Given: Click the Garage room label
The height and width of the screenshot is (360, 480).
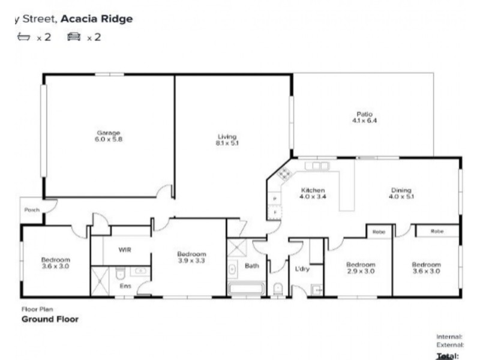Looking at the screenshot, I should click(x=109, y=136).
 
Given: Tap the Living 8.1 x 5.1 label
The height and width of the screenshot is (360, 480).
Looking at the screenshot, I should click(x=227, y=140).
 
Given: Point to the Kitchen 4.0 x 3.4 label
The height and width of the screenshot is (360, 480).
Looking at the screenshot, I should click(x=313, y=193).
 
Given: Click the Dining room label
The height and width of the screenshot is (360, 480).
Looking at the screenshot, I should click(x=401, y=193).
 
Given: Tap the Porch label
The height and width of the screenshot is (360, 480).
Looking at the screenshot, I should click(x=31, y=210).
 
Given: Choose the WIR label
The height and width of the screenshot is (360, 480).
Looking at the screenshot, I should click(x=125, y=250).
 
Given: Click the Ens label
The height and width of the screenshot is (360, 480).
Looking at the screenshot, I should click(x=125, y=286).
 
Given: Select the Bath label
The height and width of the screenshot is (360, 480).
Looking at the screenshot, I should click(x=251, y=265).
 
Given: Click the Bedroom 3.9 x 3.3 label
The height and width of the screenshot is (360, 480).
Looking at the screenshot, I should click(x=191, y=257).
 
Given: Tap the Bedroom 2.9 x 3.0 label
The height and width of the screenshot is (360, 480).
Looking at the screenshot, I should click(x=360, y=268).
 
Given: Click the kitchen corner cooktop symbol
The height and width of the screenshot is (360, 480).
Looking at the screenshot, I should click(x=283, y=175).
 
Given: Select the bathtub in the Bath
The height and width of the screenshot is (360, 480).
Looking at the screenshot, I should click(x=246, y=289).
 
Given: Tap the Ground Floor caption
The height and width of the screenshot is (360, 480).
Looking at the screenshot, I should click(x=50, y=319).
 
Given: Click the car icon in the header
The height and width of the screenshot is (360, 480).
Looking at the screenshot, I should click(x=74, y=37).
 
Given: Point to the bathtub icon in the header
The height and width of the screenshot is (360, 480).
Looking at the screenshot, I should click(x=24, y=37).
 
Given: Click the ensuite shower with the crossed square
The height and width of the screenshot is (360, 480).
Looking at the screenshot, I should click(x=100, y=281).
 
